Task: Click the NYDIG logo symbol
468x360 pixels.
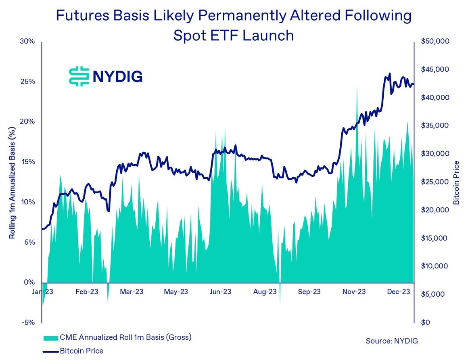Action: coord(79,76)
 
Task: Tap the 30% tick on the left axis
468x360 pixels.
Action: coord(29,42)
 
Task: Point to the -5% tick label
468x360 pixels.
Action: coord(29,322)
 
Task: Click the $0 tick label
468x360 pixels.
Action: coord(426,322)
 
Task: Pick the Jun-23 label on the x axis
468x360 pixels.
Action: coord(220,291)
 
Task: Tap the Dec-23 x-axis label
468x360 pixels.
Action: coord(399,291)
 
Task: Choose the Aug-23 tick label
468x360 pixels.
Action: coord(265,291)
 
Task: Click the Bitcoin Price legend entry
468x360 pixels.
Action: coord(81,351)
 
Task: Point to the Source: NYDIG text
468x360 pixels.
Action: coord(392,341)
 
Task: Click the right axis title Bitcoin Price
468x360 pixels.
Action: coord(456,182)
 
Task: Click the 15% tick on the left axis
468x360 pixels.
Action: coord(29,162)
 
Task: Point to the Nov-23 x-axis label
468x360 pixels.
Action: coord(354,291)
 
